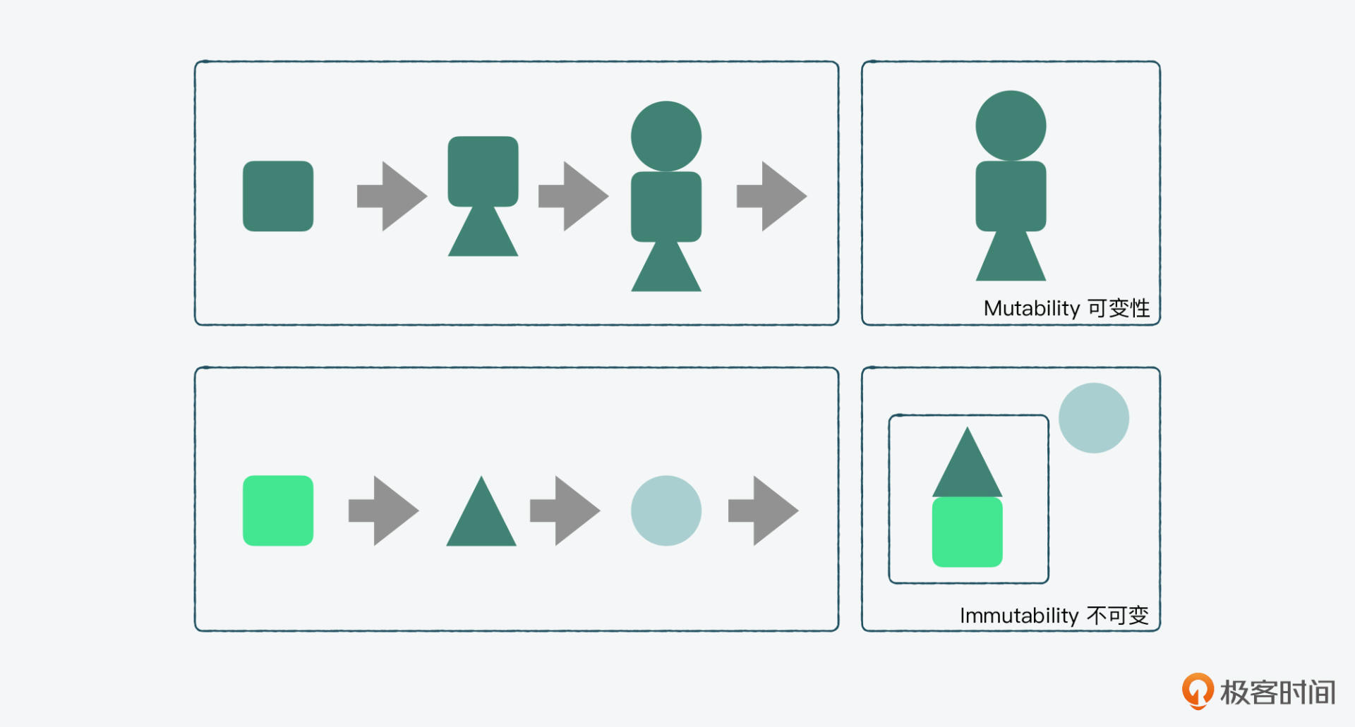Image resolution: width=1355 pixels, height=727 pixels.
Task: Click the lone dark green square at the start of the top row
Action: (x=278, y=196)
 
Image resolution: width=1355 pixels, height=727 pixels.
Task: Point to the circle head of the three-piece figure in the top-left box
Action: (x=666, y=136)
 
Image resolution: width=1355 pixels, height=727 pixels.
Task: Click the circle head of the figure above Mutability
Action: (x=1011, y=126)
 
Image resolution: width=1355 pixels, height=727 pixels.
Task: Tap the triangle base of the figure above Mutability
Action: (x=1011, y=259)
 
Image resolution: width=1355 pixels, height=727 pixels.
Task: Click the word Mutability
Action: (x=1031, y=309)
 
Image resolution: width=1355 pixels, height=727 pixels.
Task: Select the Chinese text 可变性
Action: (x=1119, y=308)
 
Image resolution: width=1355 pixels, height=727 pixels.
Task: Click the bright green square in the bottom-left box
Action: (x=278, y=511)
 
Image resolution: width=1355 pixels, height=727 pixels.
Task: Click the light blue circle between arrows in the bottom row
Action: (x=666, y=511)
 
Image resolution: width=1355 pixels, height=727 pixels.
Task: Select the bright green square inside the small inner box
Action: (x=967, y=532)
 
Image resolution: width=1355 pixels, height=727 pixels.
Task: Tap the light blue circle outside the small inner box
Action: (x=1094, y=418)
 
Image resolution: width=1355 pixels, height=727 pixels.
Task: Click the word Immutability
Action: (x=1019, y=616)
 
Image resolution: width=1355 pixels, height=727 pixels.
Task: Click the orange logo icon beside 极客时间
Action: (x=1198, y=691)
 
